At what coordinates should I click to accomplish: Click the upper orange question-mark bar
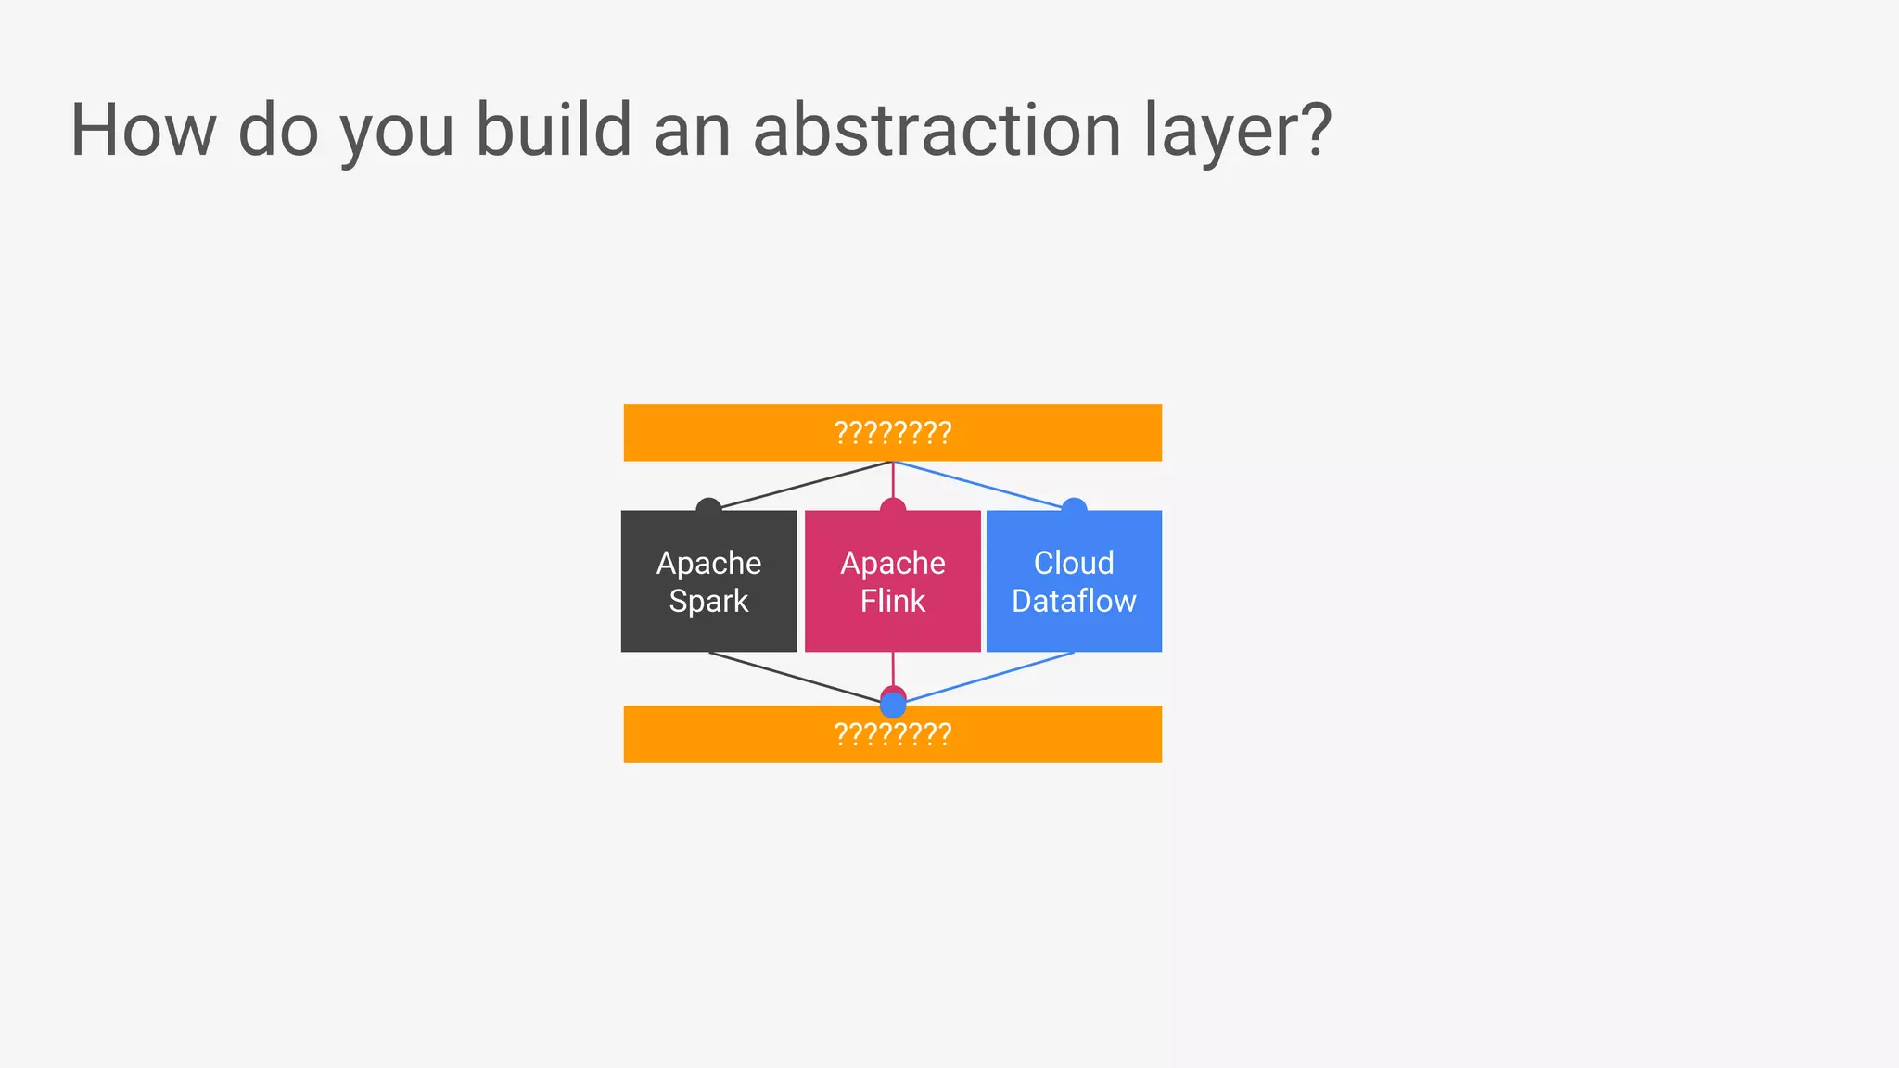point(742,432)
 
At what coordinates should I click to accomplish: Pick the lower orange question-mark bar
point(742,734)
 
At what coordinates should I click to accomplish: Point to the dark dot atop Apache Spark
point(708,507)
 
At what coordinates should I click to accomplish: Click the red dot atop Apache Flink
point(893,506)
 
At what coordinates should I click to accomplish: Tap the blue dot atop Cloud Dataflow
point(1074,506)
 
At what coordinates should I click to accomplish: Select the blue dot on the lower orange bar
point(893,706)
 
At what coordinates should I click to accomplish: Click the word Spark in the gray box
point(708,601)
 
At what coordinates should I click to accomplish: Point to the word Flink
point(892,601)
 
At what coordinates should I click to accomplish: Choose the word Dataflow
point(1074,601)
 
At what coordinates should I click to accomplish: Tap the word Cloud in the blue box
point(1074,563)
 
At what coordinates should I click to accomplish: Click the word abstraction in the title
point(937,130)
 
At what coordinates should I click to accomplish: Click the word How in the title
point(144,130)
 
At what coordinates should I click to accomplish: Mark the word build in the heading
point(554,130)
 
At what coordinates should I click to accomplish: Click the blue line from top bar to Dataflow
point(983,486)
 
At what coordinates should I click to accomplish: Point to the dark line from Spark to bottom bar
point(797,678)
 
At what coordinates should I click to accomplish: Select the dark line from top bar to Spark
point(807,485)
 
